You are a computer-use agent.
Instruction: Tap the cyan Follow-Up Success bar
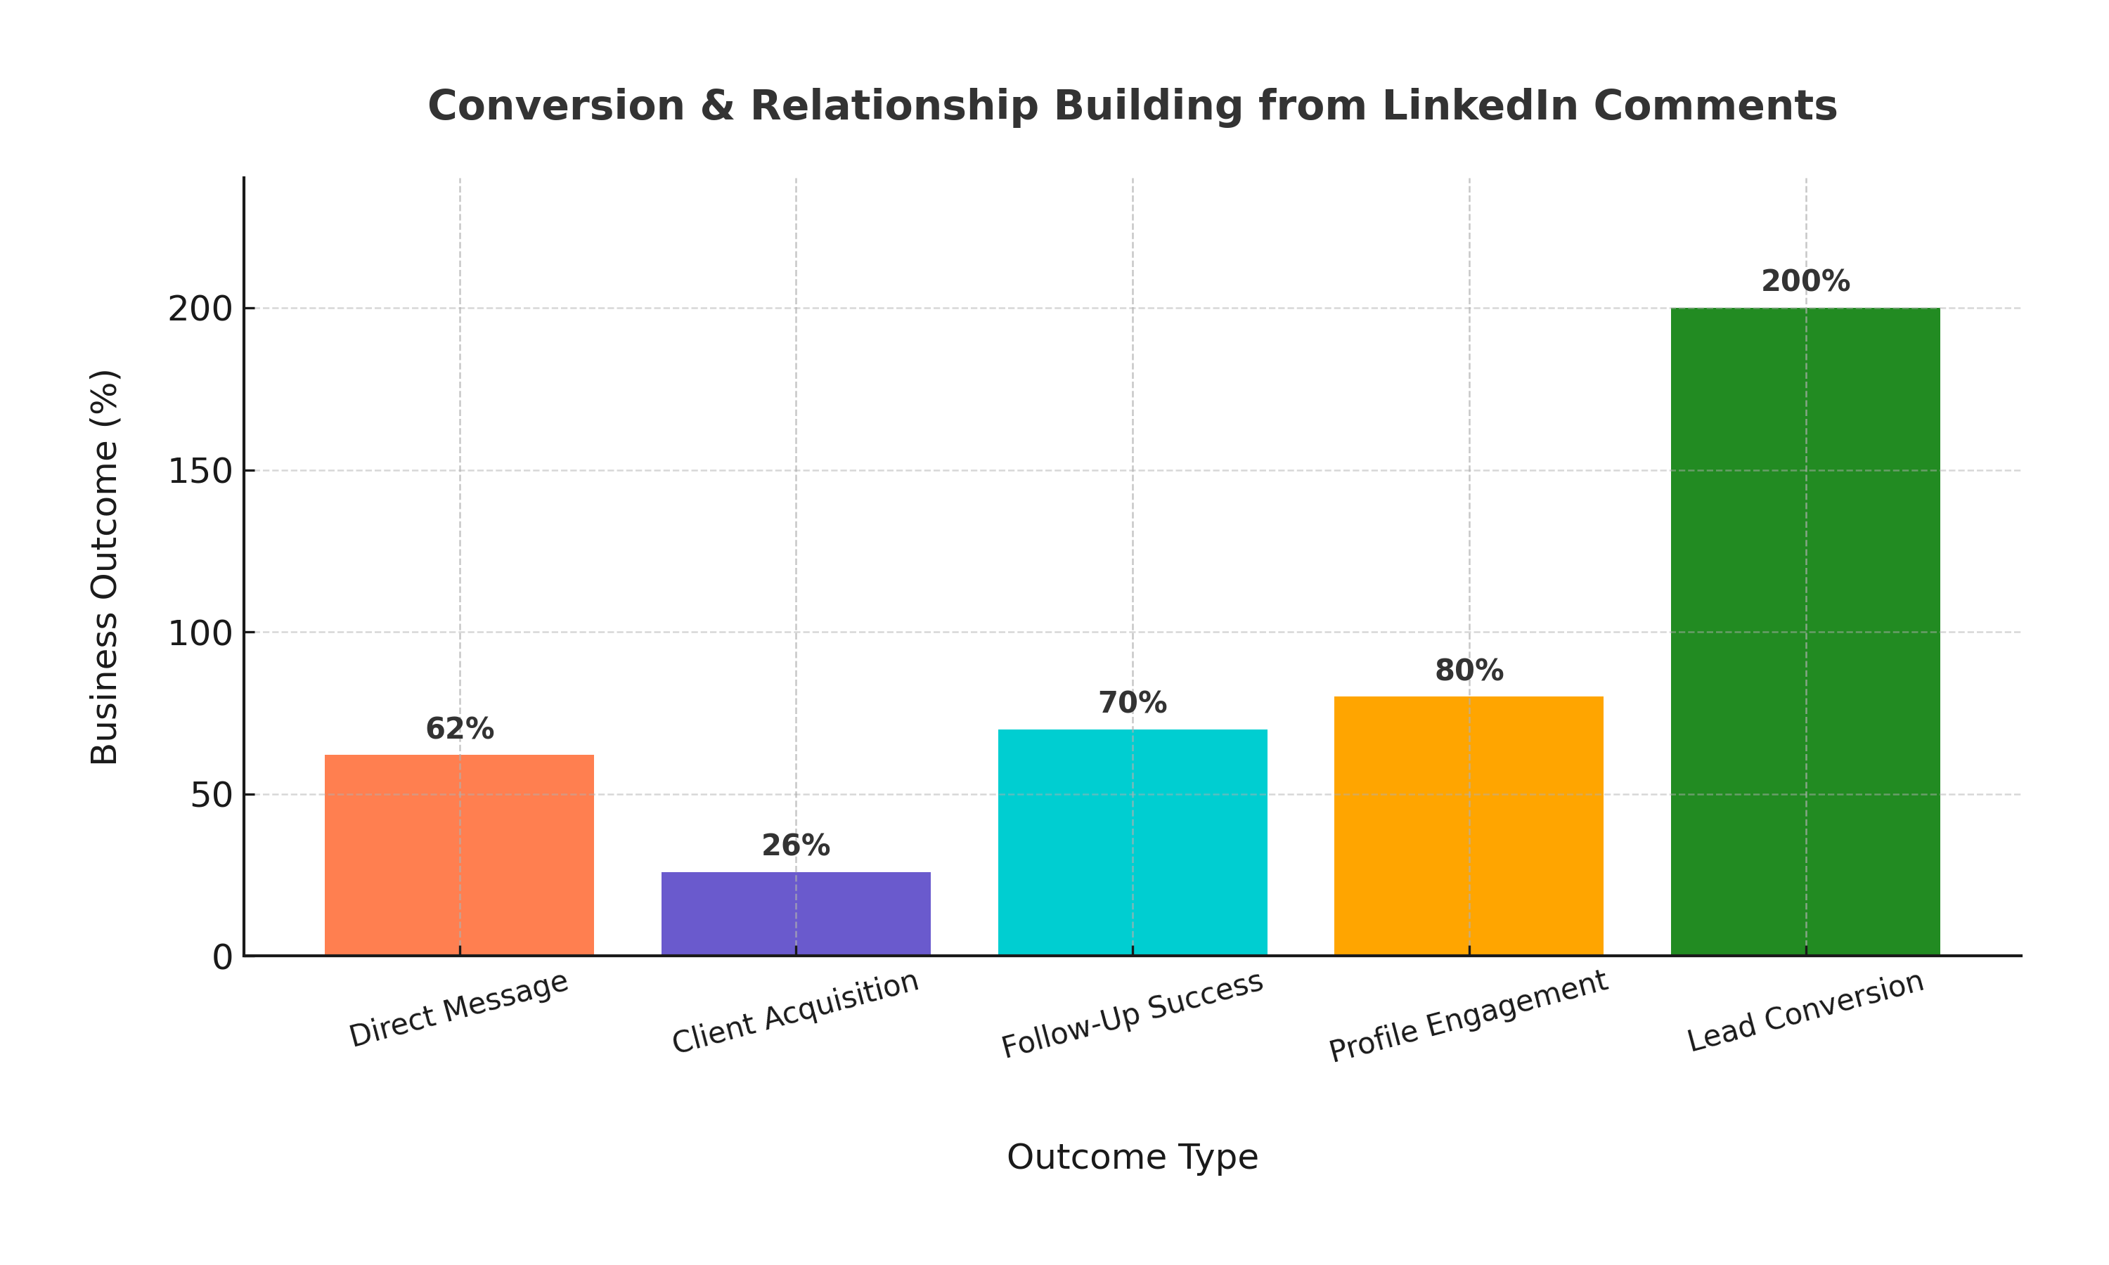click(1132, 841)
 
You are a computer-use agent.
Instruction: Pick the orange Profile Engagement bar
click(1468, 825)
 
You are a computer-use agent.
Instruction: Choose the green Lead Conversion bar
click(1805, 631)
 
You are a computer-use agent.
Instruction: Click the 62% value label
click(460, 729)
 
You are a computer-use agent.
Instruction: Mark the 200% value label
click(1805, 281)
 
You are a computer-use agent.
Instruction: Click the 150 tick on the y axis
click(200, 471)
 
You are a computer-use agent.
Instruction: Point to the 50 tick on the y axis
click(211, 794)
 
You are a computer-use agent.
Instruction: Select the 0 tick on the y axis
click(221, 957)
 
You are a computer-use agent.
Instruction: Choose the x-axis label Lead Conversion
click(1805, 1012)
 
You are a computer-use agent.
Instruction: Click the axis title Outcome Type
click(1132, 1157)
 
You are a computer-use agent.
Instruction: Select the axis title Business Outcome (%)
click(104, 567)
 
